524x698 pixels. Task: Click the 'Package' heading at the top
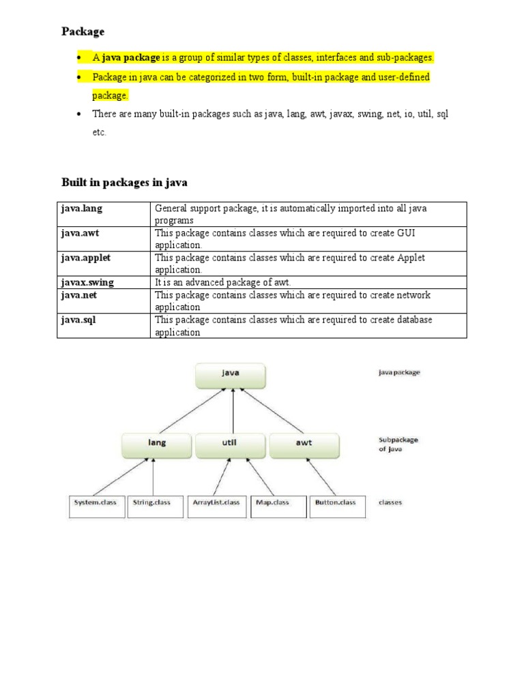coord(83,31)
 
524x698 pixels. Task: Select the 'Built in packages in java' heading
coord(124,183)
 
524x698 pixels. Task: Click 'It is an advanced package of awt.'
coord(222,282)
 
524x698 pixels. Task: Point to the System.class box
coord(96,505)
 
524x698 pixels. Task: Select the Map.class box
coord(278,505)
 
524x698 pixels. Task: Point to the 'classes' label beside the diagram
coord(390,503)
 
